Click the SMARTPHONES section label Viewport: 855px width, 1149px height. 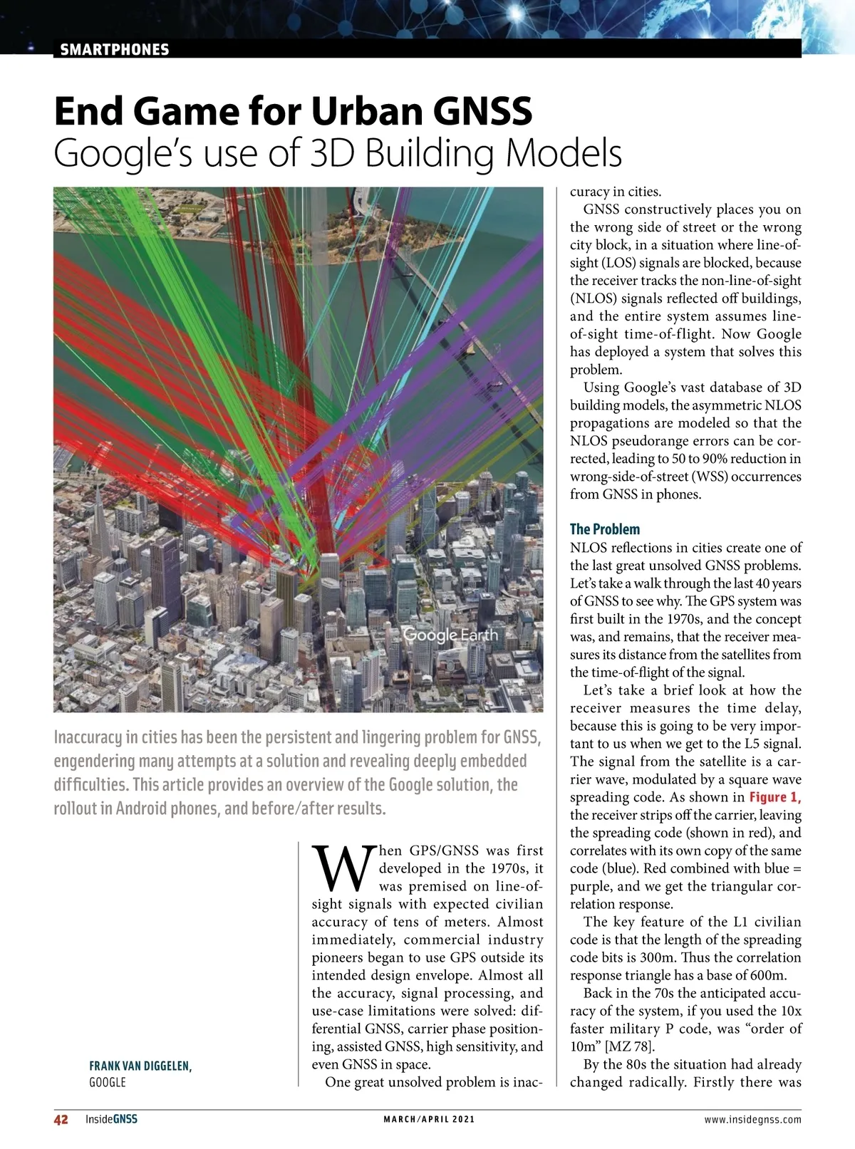point(115,49)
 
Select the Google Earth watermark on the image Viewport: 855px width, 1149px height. point(450,635)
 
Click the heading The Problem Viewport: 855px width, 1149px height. point(604,529)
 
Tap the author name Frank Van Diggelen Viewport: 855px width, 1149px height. point(140,1066)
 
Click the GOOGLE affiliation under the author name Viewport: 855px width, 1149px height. point(107,1082)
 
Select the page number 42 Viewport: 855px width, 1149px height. point(61,1119)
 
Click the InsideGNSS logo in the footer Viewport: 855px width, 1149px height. point(111,1119)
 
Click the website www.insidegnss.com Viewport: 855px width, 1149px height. point(752,1119)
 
